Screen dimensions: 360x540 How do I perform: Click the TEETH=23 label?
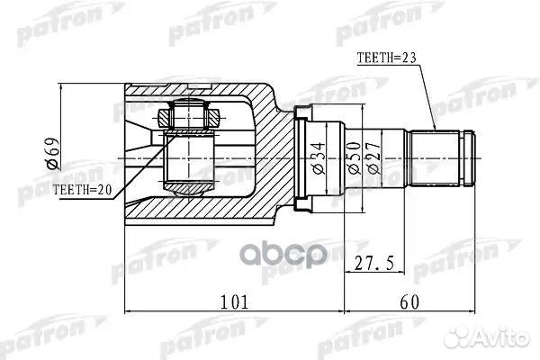(x=388, y=56)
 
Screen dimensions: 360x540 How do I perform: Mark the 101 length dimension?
(x=233, y=301)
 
